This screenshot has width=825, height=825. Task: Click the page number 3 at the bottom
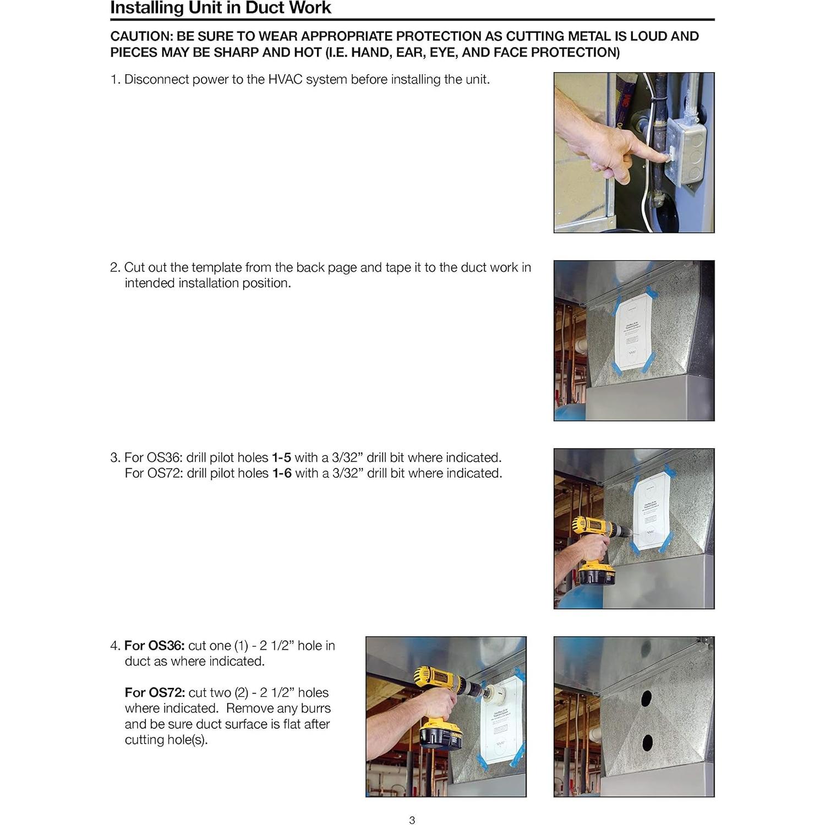point(412,820)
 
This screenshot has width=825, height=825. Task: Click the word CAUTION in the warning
point(141,36)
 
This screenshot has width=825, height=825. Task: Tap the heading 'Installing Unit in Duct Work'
point(221,8)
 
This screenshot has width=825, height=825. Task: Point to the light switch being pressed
point(673,157)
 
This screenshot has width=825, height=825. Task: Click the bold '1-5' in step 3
point(281,457)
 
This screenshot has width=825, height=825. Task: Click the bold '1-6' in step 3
point(282,473)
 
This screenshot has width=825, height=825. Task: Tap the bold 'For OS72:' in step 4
point(154,692)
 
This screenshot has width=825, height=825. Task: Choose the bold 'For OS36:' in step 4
point(154,645)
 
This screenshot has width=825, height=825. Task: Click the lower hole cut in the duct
point(647,743)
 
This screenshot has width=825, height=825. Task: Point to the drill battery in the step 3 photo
point(597,575)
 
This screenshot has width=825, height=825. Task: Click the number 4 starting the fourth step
point(114,646)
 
